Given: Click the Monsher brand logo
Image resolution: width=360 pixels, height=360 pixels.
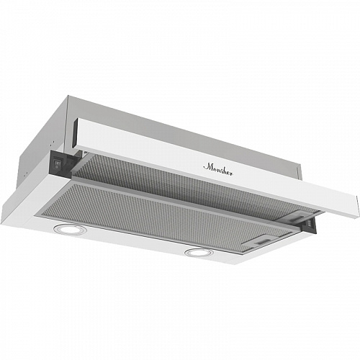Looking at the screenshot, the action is tap(218, 169).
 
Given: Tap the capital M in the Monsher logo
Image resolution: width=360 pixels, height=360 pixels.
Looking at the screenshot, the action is tap(207, 167).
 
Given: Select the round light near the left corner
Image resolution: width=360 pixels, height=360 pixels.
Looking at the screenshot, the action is tap(70, 229).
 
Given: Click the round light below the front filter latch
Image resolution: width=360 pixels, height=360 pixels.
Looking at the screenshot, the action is tap(199, 252).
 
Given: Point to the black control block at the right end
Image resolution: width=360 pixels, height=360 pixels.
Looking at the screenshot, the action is tap(310, 225).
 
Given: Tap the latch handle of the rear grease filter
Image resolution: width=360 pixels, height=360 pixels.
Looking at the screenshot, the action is tap(297, 217).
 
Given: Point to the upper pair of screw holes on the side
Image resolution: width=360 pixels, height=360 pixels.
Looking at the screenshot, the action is tap(52, 143).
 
